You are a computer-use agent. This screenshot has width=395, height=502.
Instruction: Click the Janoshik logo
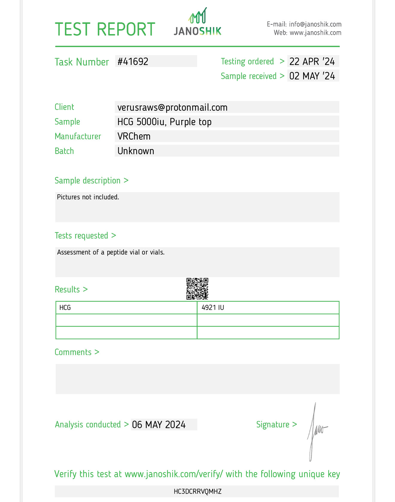[x=197, y=22]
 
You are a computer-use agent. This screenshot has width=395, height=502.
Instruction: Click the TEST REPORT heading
[x=105, y=29]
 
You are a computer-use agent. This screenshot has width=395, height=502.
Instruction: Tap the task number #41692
[x=133, y=62]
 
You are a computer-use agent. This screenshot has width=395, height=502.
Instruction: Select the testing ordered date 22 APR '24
[x=312, y=62]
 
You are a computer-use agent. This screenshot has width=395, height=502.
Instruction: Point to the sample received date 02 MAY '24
[x=312, y=76]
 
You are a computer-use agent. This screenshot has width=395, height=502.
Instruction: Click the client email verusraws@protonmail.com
[x=172, y=107]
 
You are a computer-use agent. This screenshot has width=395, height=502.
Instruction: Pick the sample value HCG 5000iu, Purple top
[x=164, y=122]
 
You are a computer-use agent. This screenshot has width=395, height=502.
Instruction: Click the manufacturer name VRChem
[x=134, y=137]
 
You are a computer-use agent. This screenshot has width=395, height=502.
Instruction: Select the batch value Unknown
[x=136, y=151]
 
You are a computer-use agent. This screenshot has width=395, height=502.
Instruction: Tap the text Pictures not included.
[x=88, y=197]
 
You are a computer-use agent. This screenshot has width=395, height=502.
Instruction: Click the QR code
[x=197, y=289]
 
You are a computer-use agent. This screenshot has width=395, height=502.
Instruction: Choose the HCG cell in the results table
[x=65, y=308]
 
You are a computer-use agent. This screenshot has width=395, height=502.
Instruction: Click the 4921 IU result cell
[x=213, y=308]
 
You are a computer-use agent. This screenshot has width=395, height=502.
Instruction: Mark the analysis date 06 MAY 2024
[x=159, y=425]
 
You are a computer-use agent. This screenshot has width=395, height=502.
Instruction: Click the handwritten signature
[x=316, y=431]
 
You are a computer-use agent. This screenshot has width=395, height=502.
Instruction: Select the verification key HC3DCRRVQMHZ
[x=197, y=492]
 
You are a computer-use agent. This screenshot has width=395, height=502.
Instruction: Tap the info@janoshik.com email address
[x=315, y=24]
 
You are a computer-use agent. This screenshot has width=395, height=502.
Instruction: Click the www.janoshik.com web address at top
[x=315, y=33]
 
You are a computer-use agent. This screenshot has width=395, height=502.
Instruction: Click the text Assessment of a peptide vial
[x=111, y=252]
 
